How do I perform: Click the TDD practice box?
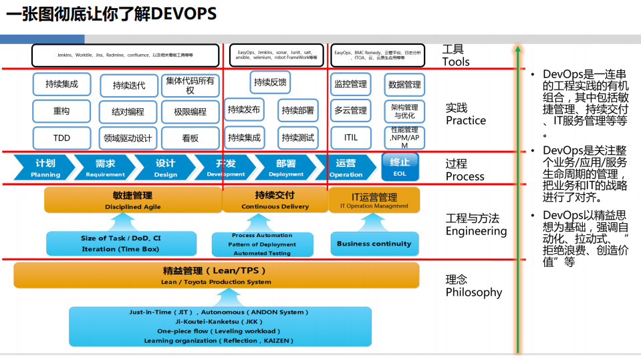click(x=61, y=138)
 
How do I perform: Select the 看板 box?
click(x=190, y=138)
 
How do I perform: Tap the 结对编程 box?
click(x=128, y=112)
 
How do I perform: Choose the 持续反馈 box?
click(x=270, y=83)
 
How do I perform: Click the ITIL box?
click(x=351, y=138)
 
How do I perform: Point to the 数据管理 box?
click(x=404, y=85)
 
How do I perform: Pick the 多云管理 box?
click(x=351, y=110)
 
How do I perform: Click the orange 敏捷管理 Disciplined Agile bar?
click(x=132, y=200)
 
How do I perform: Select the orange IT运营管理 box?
click(x=374, y=200)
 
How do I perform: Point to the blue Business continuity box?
click(x=374, y=244)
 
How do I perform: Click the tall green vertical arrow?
click(x=517, y=200)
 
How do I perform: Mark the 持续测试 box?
click(x=298, y=138)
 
